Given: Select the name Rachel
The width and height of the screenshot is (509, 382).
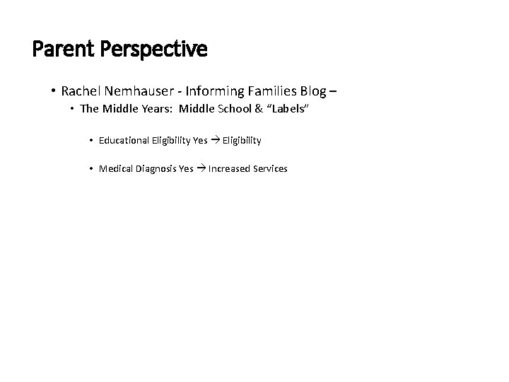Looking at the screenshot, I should [x=81, y=91].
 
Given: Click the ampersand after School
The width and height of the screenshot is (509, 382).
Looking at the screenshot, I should [x=266, y=109].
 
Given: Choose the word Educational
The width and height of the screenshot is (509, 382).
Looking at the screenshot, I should [x=124, y=141].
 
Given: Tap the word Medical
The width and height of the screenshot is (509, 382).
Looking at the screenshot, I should [x=115, y=169].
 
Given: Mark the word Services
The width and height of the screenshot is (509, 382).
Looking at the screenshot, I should [x=269, y=169].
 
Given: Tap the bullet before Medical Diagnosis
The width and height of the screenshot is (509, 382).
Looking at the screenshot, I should [x=92, y=169].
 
